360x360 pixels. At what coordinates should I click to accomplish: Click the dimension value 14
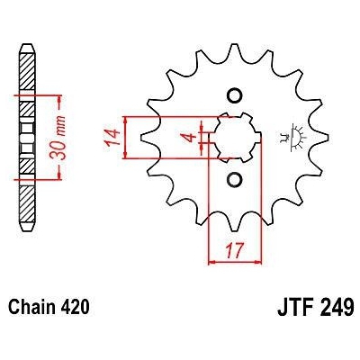point(112,138)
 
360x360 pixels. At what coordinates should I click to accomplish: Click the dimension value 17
point(235,251)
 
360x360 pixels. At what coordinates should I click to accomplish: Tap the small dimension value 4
point(190,138)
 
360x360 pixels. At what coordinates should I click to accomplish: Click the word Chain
point(31,307)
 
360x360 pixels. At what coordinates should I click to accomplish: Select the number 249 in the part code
point(337,307)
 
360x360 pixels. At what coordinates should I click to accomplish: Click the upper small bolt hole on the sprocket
point(234,95)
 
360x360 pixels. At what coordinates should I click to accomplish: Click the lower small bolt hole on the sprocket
point(234,179)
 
